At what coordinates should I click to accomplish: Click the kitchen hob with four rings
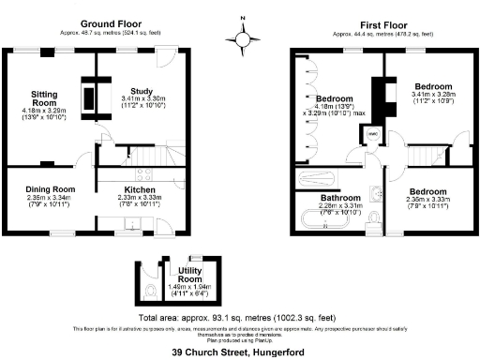143,172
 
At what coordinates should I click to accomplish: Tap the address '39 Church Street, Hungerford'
240,352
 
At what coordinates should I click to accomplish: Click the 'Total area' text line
240,317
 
